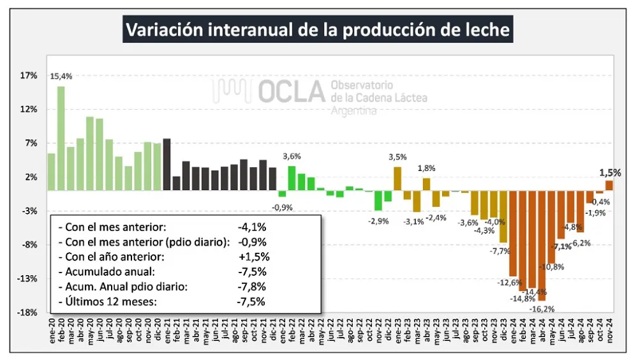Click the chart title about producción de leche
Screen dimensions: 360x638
pyautogui.click(x=318, y=30)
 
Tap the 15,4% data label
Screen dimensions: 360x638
pyautogui.click(x=61, y=77)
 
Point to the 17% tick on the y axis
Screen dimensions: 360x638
pyautogui.click(x=29, y=75)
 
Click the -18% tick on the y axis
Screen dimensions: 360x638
pyautogui.click(x=28, y=313)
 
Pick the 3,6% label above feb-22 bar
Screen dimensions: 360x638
pyautogui.click(x=292, y=156)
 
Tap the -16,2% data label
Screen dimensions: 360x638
pyautogui.click(x=541, y=309)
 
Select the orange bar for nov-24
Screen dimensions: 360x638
pyautogui.click(x=609, y=185)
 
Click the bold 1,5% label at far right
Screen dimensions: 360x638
pyautogui.click(x=609, y=172)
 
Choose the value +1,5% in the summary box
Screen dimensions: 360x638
pyautogui.click(x=253, y=257)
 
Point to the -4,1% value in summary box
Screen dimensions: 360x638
pyautogui.click(x=251, y=227)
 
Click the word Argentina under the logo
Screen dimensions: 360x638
pyautogui.click(x=353, y=111)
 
